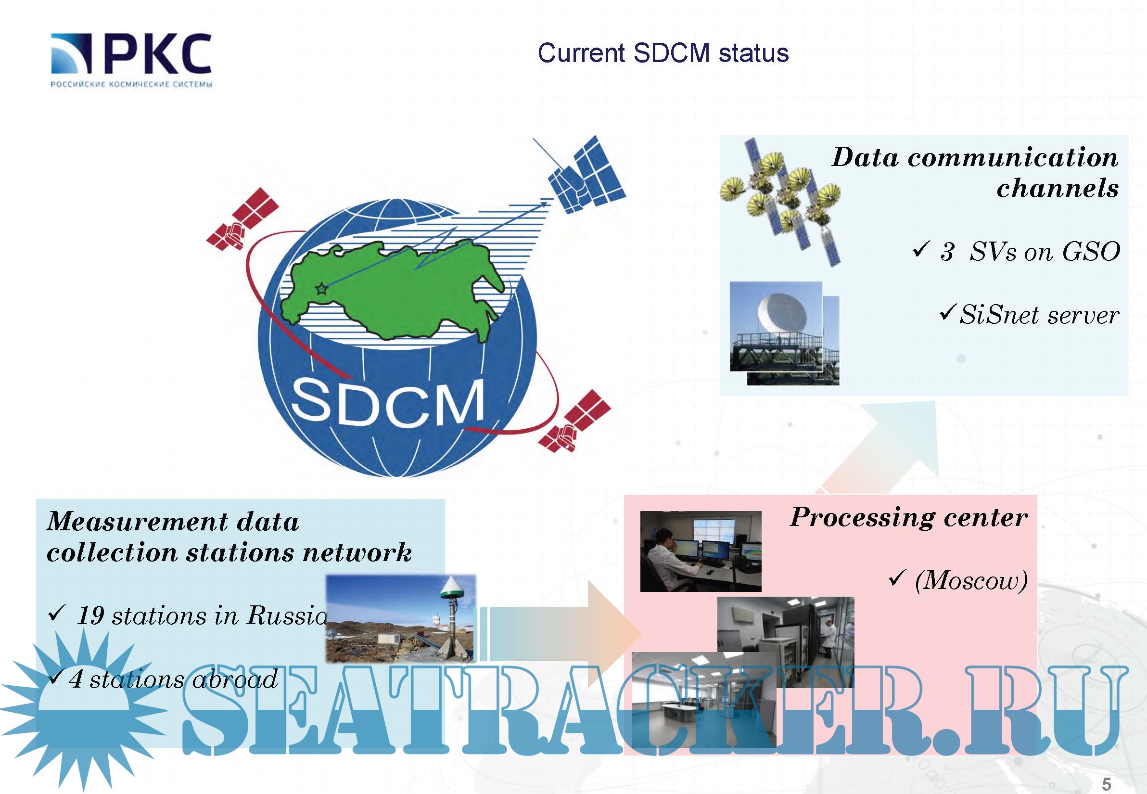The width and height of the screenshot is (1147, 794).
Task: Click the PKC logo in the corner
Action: coord(131,60)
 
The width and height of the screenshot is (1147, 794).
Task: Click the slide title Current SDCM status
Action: coord(663,53)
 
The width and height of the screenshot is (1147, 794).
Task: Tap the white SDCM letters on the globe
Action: coord(387,402)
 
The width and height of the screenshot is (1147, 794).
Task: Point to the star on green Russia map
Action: coord(322,288)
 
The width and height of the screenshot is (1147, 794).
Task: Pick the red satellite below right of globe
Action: coord(574,421)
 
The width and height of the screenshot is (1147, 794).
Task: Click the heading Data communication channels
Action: coord(975,172)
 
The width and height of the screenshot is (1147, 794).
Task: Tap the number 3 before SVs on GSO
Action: coord(946,252)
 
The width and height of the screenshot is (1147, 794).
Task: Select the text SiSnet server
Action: coord(1039,315)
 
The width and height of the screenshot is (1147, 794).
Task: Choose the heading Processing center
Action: coord(909,518)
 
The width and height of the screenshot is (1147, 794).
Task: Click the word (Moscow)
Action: coord(971,580)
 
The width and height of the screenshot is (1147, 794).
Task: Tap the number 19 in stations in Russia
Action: coord(91,615)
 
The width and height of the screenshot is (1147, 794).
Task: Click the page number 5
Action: coord(1106,783)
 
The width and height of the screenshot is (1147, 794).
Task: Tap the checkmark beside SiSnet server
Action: coord(946,313)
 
